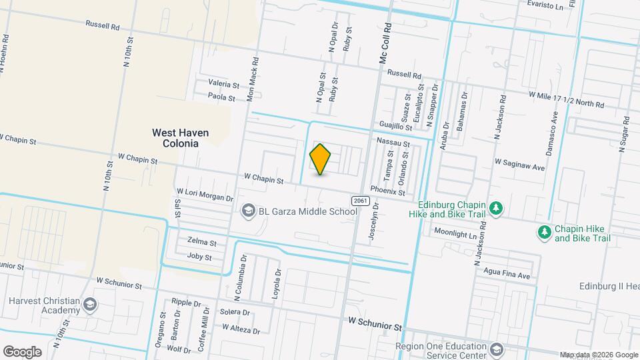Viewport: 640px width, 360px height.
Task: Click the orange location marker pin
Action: point(321,159)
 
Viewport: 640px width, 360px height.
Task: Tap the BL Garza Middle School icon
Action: point(248,211)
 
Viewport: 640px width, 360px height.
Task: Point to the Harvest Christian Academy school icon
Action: point(90,305)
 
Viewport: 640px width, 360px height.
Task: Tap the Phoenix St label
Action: point(388,191)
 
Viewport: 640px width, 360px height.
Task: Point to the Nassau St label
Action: point(393,142)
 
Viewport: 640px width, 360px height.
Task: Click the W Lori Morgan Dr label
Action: point(205,197)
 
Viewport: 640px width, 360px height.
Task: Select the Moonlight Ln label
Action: point(457,234)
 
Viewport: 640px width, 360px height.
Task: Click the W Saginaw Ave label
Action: point(519,165)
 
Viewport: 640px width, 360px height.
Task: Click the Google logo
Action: point(22,351)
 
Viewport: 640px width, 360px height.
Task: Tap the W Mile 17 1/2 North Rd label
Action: point(566,99)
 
